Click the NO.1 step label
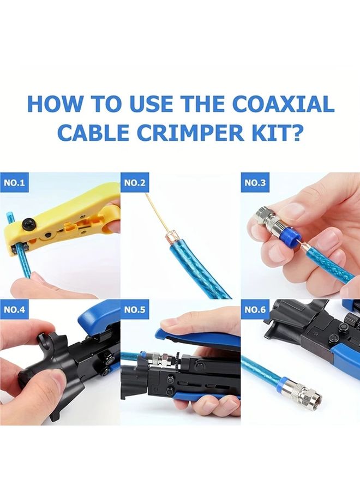(x=15, y=183)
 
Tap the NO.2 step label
(x=135, y=183)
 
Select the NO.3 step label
(x=255, y=183)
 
